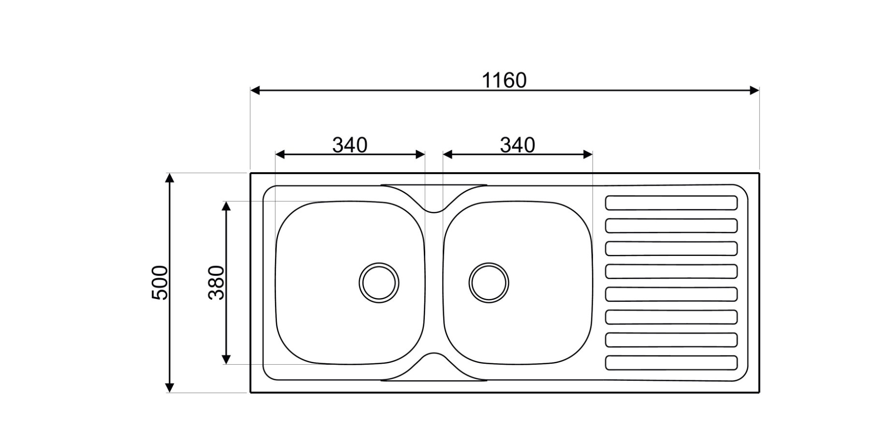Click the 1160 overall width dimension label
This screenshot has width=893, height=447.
tap(504, 80)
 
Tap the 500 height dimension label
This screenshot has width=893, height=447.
tap(160, 283)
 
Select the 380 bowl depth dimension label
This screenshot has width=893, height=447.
tap(216, 283)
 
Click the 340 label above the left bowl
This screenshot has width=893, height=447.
tap(350, 145)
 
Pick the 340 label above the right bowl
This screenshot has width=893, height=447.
tap(518, 145)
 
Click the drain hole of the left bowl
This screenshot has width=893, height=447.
tap(379, 283)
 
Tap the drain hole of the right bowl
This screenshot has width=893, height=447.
tap(489, 283)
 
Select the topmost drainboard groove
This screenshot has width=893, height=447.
tap(671, 203)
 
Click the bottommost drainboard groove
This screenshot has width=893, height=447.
tap(671, 363)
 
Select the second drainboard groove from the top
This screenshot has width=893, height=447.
tap(671, 225)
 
